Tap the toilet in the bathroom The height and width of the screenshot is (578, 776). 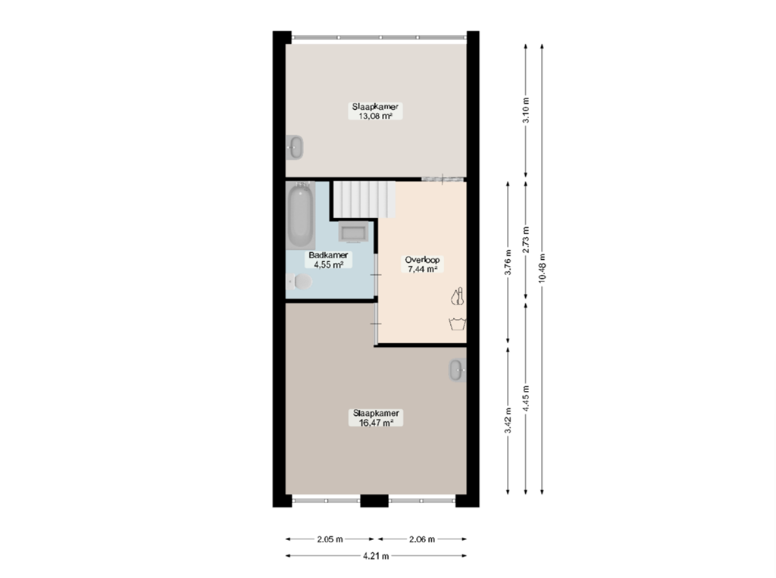(x=299, y=283)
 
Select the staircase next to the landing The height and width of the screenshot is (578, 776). (x=365, y=198)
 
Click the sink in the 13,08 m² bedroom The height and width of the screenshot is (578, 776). (x=296, y=147)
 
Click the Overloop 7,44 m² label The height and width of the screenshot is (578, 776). (x=423, y=264)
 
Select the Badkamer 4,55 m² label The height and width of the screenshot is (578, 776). (x=328, y=260)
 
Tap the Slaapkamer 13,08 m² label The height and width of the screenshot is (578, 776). (x=375, y=111)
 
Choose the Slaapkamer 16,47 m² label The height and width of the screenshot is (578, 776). (x=376, y=419)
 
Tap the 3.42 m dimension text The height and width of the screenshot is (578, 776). (x=508, y=420)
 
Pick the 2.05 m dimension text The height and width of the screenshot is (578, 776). (x=330, y=539)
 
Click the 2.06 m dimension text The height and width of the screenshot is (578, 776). (x=421, y=539)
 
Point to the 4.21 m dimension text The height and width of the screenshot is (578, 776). (x=376, y=556)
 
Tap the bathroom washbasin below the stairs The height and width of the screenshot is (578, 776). (x=353, y=232)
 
